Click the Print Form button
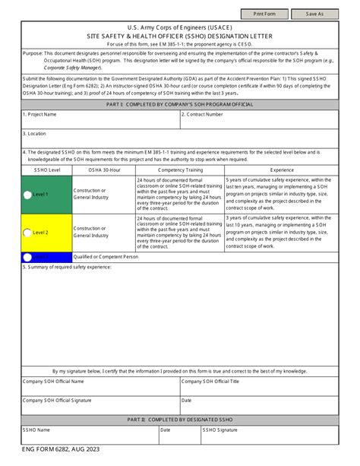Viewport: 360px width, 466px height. pos(264,14)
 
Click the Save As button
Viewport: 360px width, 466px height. pos(314,14)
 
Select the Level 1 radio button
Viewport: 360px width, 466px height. pos(28,195)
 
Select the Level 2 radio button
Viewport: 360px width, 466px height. pos(28,233)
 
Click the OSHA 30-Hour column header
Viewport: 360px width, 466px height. pos(104,170)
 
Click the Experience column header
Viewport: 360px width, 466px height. pos(282,170)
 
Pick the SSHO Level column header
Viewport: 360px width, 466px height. pos(46,170)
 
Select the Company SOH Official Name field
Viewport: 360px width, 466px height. pos(100,387)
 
